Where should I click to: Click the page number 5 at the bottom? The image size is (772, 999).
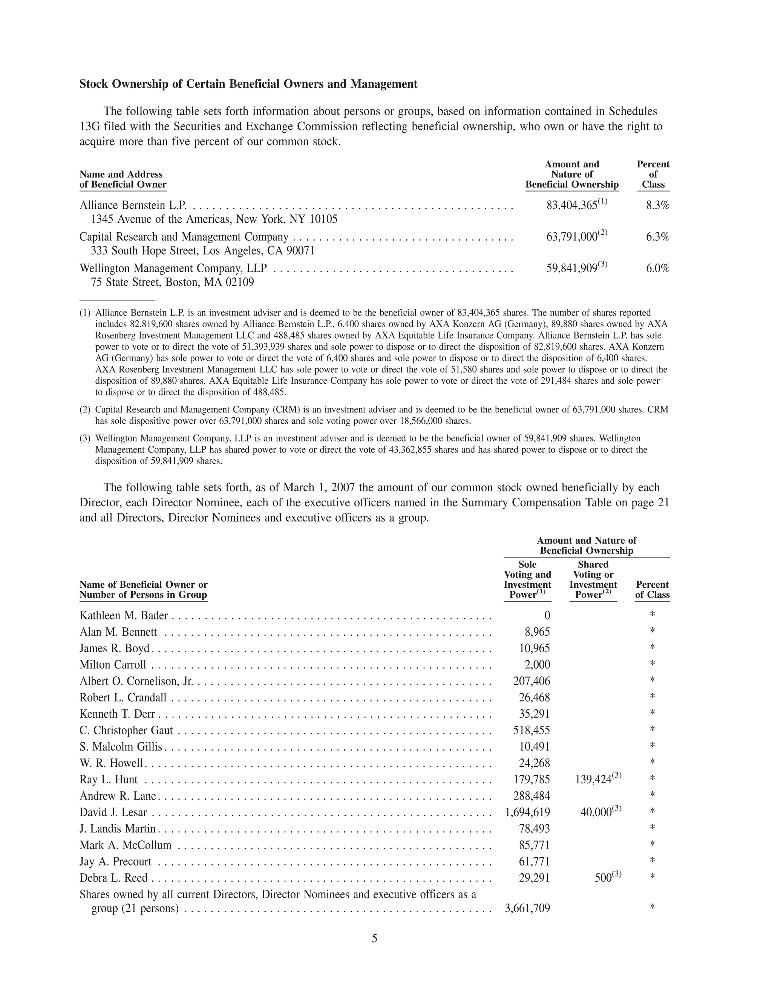tap(374, 939)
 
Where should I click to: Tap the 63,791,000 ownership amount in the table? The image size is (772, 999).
tap(572, 237)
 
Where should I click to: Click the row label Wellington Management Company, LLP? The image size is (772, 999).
tap(173, 268)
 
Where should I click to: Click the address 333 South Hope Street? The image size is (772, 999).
tap(202, 251)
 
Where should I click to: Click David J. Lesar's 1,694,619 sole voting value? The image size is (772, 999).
tap(527, 812)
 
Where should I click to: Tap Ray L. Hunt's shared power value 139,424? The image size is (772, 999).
tap(593, 780)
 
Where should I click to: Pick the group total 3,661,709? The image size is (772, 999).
tap(527, 909)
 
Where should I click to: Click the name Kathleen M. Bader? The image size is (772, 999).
tap(124, 616)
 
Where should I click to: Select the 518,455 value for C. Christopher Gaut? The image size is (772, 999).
tap(532, 731)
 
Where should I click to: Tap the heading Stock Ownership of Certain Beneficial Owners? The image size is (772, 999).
tap(248, 84)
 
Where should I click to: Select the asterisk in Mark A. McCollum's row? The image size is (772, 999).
tap(652, 844)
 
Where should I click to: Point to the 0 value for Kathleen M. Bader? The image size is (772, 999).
tap(547, 616)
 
